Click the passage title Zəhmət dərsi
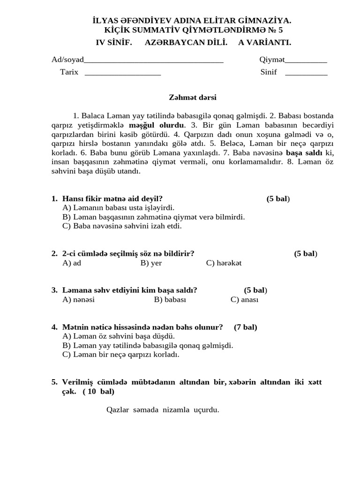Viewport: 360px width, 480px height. point(193,97)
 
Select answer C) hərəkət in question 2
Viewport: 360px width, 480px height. point(224,263)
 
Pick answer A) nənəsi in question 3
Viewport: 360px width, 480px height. point(78,300)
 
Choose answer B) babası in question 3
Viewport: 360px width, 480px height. point(170,300)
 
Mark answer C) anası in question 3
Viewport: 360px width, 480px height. point(244,300)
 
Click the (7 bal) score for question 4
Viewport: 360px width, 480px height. point(245,327)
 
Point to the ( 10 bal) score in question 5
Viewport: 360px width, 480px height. point(98,391)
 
